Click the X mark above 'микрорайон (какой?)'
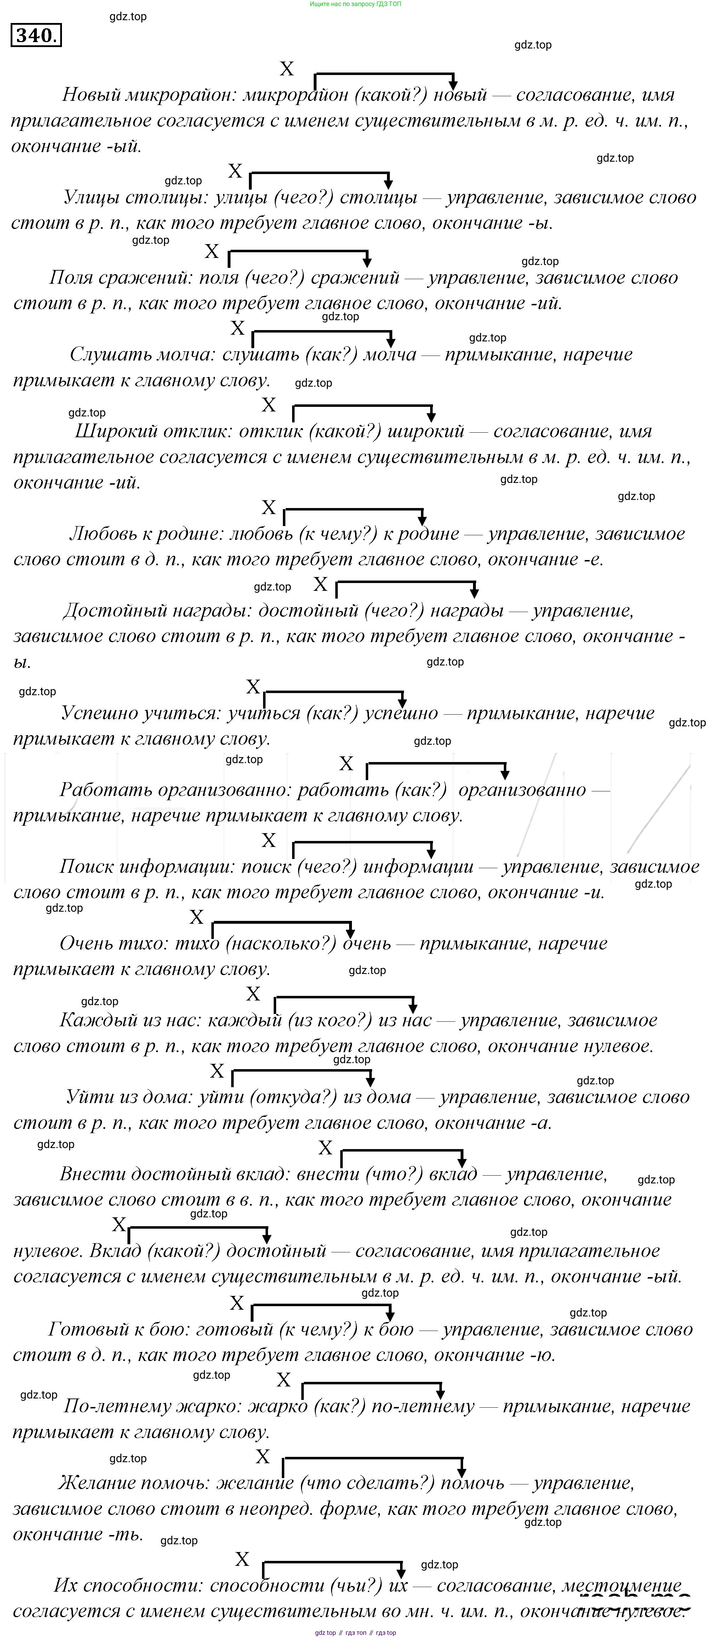coord(287,69)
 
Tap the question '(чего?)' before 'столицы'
coord(303,198)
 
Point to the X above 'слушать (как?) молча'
coord(237,328)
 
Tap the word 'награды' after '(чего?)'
coord(466,611)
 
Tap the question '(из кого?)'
coord(330,1021)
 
